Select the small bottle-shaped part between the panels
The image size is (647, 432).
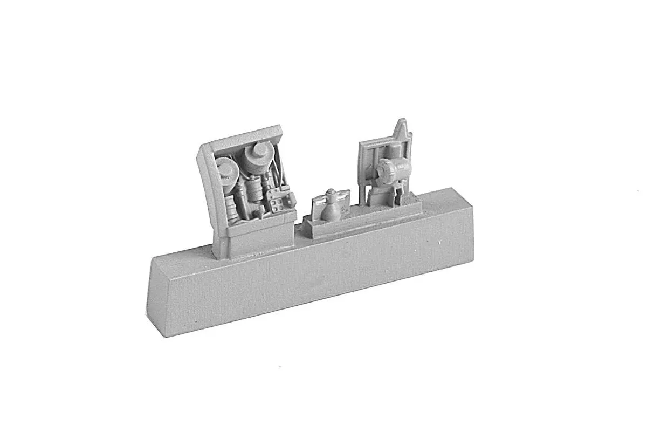pos(329,208)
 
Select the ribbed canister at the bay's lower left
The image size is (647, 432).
pos(230,208)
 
